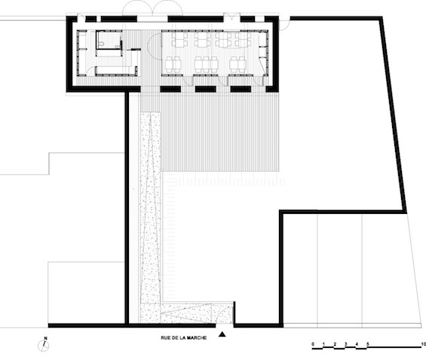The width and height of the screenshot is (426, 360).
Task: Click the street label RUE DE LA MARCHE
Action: [x=184, y=337]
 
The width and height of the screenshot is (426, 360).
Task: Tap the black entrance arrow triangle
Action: [x=222, y=334]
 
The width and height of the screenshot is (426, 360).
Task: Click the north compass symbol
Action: [x=44, y=346]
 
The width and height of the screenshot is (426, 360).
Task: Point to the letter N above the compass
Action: [x=46, y=338]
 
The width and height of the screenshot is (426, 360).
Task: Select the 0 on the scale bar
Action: [x=313, y=344]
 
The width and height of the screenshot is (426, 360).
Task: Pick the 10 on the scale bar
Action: [x=423, y=344]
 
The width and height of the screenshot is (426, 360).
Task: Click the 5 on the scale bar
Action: [x=368, y=344]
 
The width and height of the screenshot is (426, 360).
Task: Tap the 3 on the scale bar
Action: [x=346, y=344]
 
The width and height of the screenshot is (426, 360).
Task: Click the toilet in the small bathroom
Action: [x=101, y=44]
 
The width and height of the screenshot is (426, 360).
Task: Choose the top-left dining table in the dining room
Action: [x=179, y=40]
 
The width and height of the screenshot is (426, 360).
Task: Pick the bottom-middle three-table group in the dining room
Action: [x=206, y=64]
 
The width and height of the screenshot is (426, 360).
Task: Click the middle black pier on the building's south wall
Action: [x=206, y=89]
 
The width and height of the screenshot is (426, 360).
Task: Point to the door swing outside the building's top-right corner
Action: [x=285, y=23]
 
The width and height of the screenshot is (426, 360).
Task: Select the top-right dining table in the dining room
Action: [x=244, y=40]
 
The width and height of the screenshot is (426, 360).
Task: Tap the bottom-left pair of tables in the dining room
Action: [x=173, y=64]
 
